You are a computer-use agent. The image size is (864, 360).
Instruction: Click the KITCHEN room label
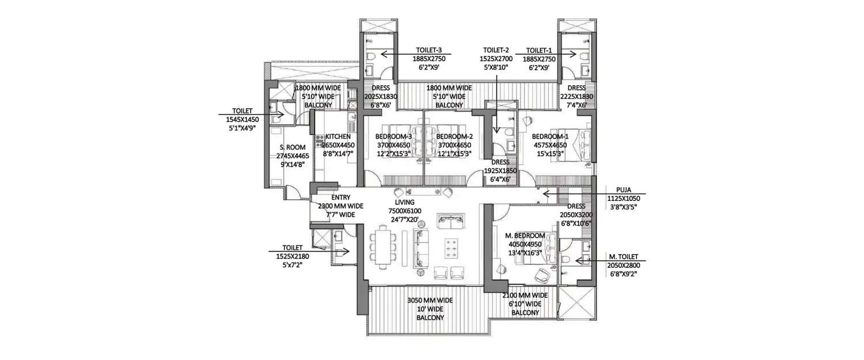pyautogui.click(x=338, y=137)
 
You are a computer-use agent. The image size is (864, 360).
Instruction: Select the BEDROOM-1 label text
pyautogui.click(x=550, y=137)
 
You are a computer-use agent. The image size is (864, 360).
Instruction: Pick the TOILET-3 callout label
pyautogui.click(x=427, y=50)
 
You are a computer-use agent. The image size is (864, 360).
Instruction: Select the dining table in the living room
pyautogui.click(x=384, y=247)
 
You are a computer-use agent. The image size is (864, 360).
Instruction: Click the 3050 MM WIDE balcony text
pyautogui.click(x=426, y=301)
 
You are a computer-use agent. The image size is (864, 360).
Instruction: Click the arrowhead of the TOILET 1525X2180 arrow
pyautogui.click(x=348, y=251)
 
